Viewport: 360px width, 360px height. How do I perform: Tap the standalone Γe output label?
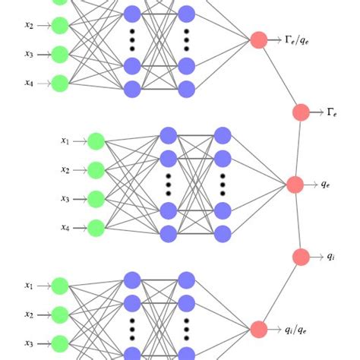click(x=332, y=112)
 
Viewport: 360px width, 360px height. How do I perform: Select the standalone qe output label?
click(x=325, y=184)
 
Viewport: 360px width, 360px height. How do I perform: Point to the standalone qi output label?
click(x=331, y=257)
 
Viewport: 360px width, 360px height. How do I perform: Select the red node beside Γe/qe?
click(x=258, y=40)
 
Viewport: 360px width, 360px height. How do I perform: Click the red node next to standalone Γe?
click(x=301, y=112)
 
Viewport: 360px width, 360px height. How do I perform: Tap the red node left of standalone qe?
click(x=294, y=184)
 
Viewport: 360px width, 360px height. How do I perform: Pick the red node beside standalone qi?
click(x=301, y=257)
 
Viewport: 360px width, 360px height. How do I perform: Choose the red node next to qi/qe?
click(x=258, y=329)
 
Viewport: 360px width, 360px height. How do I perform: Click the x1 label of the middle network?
click(x=65, y=141)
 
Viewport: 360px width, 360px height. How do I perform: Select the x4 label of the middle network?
click(x=65, y=228)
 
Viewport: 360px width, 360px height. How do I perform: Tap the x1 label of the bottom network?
click(x=29, y=286)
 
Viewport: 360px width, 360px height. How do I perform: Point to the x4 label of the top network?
click(x=29, y=83)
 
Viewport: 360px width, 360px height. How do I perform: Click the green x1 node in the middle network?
click(x=96, y=141)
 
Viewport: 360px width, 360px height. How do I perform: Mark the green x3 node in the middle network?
click(x=96, y=199)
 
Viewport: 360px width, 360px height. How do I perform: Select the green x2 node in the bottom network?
click(x=60, y=314)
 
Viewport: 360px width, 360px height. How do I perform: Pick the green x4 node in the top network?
click(x=60, y=83)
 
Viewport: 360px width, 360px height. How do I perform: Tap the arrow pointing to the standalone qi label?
click(x=317, y=257)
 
